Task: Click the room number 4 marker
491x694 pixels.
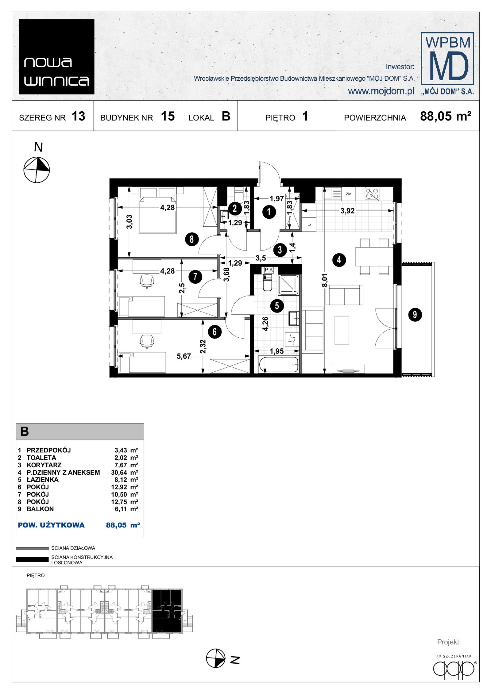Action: (x=339, y=260)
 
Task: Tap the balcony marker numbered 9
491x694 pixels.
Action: (x=415, y=314)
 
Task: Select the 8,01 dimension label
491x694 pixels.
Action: (x=325, y=280)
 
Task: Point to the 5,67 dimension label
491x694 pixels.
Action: (x=184, y=356)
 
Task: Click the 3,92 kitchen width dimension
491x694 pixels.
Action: (x=347, y=211)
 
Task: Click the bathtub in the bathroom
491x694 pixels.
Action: (x=279, y=364)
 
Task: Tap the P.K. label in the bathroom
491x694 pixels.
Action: (x=269, y=270)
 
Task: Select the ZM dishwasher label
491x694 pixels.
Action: (x=348, y=194)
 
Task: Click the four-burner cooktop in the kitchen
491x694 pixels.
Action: (x=372, y=194)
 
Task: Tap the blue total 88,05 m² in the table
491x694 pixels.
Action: (x=123, y=525)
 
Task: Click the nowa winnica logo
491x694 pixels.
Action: (x=57, y=57)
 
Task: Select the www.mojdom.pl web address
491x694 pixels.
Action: (x=381, y=91)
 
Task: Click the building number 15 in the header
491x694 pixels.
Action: (x=168, y=116)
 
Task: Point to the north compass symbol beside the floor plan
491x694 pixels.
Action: (x=37, y=170)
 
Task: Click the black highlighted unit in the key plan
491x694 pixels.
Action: (x=167, y=611)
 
